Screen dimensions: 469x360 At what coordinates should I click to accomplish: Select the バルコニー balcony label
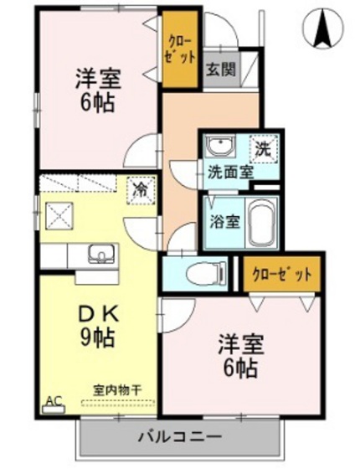pos(179,437)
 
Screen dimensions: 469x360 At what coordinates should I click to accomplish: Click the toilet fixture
pos(198,273)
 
